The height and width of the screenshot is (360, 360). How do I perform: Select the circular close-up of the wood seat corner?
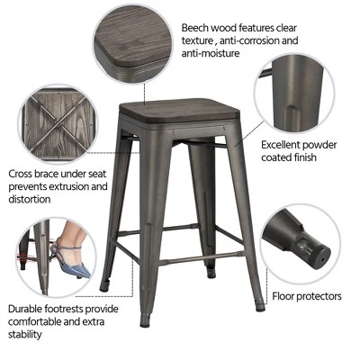coord(130,38)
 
